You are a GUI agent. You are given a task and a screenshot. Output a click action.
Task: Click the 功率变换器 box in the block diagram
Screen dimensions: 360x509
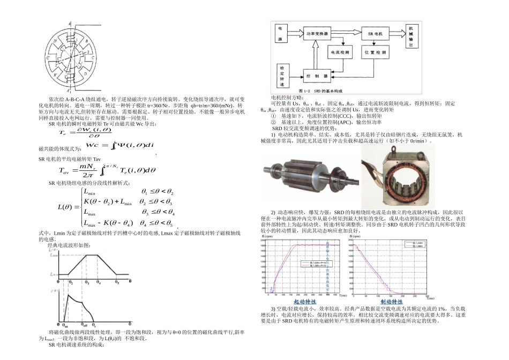point(317,33)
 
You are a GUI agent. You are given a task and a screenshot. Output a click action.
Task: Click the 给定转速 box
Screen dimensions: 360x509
point(282,77)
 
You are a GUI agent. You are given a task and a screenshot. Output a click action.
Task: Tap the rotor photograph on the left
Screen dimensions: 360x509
point(308,176)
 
